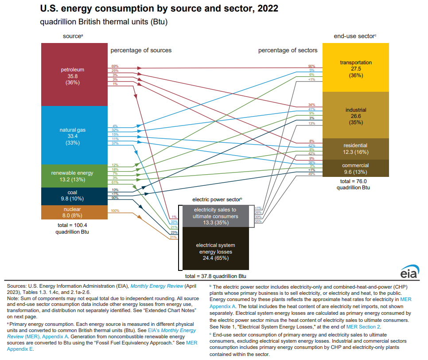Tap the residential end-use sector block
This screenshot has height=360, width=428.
tap(355, 149)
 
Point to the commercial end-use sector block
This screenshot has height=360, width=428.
tap(355, 168)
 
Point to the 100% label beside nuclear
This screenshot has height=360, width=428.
tap(115, 211)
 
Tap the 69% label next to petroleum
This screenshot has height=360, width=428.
tap(115, 66)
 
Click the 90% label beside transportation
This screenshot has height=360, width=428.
tap(311, 66)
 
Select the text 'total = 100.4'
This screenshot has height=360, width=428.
tap(73, 225)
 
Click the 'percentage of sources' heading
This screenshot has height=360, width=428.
tap(141, 50)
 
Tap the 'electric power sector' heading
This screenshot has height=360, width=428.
tap(216, 200)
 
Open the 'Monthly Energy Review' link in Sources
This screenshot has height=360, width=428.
tap(154, 287)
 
